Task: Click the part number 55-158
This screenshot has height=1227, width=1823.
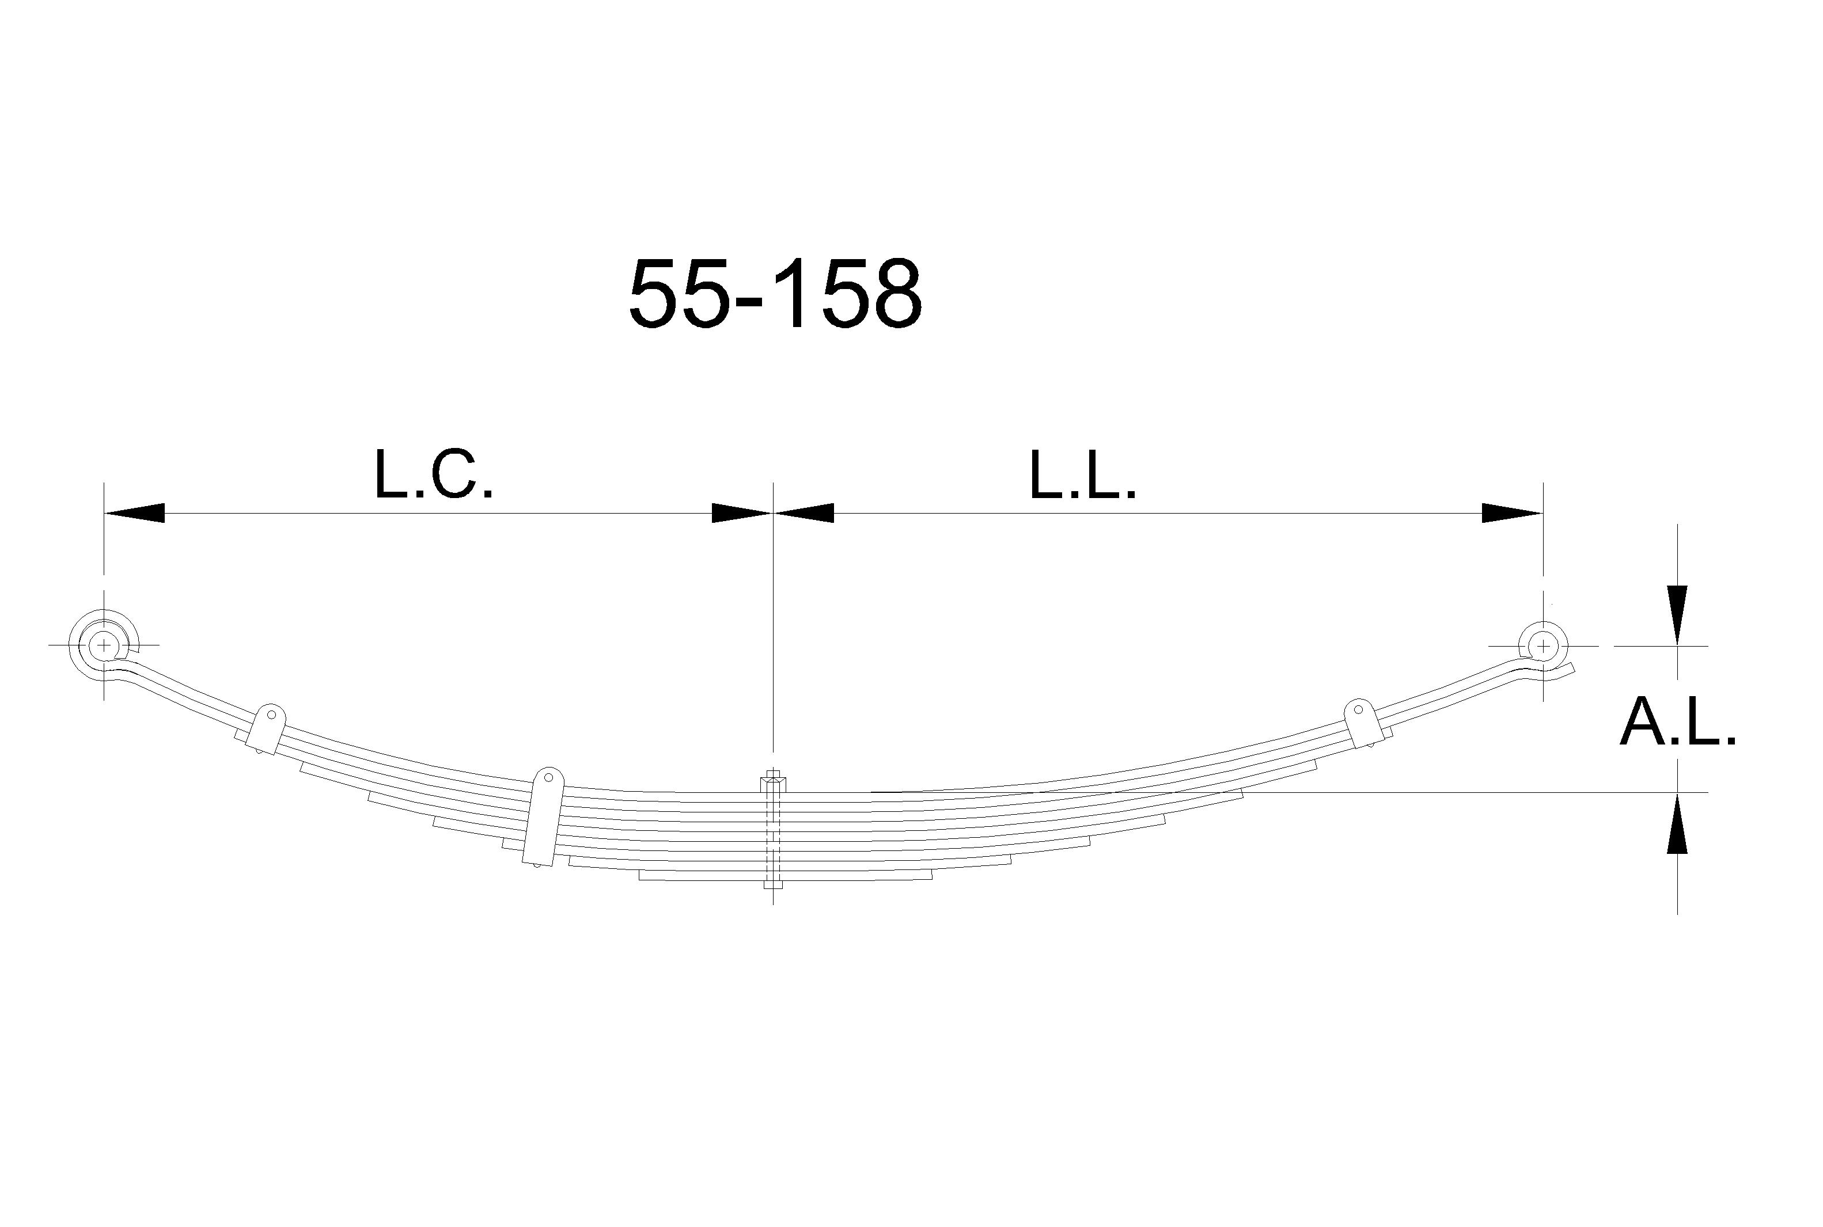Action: (x=775, y=295)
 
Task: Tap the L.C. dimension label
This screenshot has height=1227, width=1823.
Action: (x=434, y=475)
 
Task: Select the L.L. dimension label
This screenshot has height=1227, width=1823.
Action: (x=1082, y=475)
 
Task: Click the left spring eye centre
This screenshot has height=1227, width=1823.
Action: (x=103, y=645)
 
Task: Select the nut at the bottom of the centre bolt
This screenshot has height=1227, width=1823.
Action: (x=772, y=884)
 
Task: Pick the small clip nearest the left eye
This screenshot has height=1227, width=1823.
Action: (x=266, y=728)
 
